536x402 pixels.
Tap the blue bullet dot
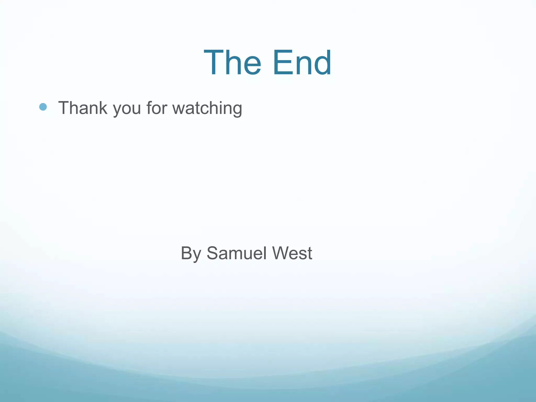(x=43, y=107)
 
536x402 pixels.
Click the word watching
(x=207, y=108)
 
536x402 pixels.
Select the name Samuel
(x=237, y=253)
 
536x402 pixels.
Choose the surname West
(x=292, y=253)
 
